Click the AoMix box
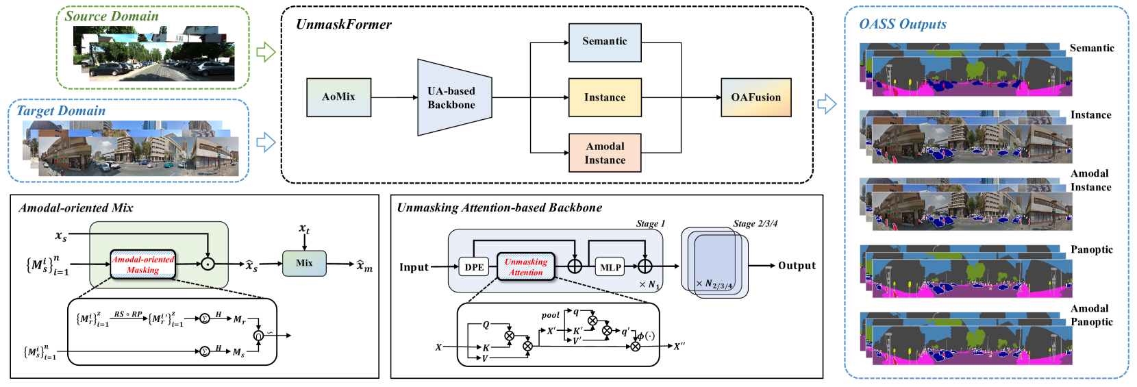tap(338, 97)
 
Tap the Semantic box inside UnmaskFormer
tap(605, 42)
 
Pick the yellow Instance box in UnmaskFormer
tap(605, 97)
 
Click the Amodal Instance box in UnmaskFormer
tap(605, 153)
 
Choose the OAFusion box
tap(755, 97)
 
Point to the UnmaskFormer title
tap(344, 25)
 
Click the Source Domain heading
tap(112, 16)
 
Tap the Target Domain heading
tap(61, 110)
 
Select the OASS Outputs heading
tap(903, 24)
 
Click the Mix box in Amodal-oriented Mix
tap(304, 263)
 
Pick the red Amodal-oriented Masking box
tap(143, 264)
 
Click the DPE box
tap(474, 267)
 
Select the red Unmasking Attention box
tap(525, 266)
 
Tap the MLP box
tap(610, 267)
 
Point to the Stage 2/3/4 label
tap(755, 224)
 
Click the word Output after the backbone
tap(797, 266)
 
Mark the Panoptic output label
tap(1091, 249)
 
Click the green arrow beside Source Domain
tap(265, 52)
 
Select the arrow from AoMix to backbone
tap(395, 97)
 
